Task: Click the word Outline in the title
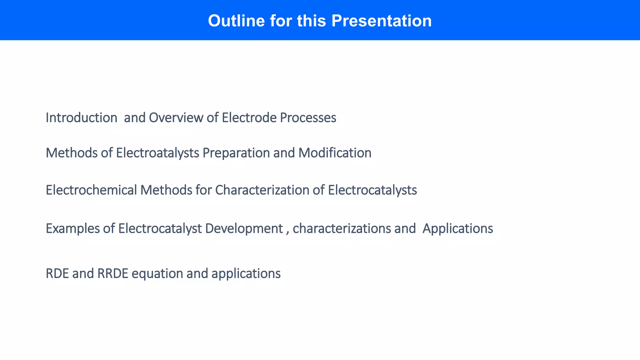point(236,21)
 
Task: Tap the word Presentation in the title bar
point(381,21)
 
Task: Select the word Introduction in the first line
point(81,118)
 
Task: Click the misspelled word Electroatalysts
point(157,153)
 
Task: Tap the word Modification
point(335,153)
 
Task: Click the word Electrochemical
point(91,190)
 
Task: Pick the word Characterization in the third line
point(262,190)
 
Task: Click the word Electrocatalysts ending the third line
point(372,190)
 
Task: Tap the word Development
point(244,229)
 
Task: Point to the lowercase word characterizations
point(342,229)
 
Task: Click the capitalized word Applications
point(457,229)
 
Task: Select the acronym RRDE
point(113,274)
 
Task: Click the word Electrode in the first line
point(249,118)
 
